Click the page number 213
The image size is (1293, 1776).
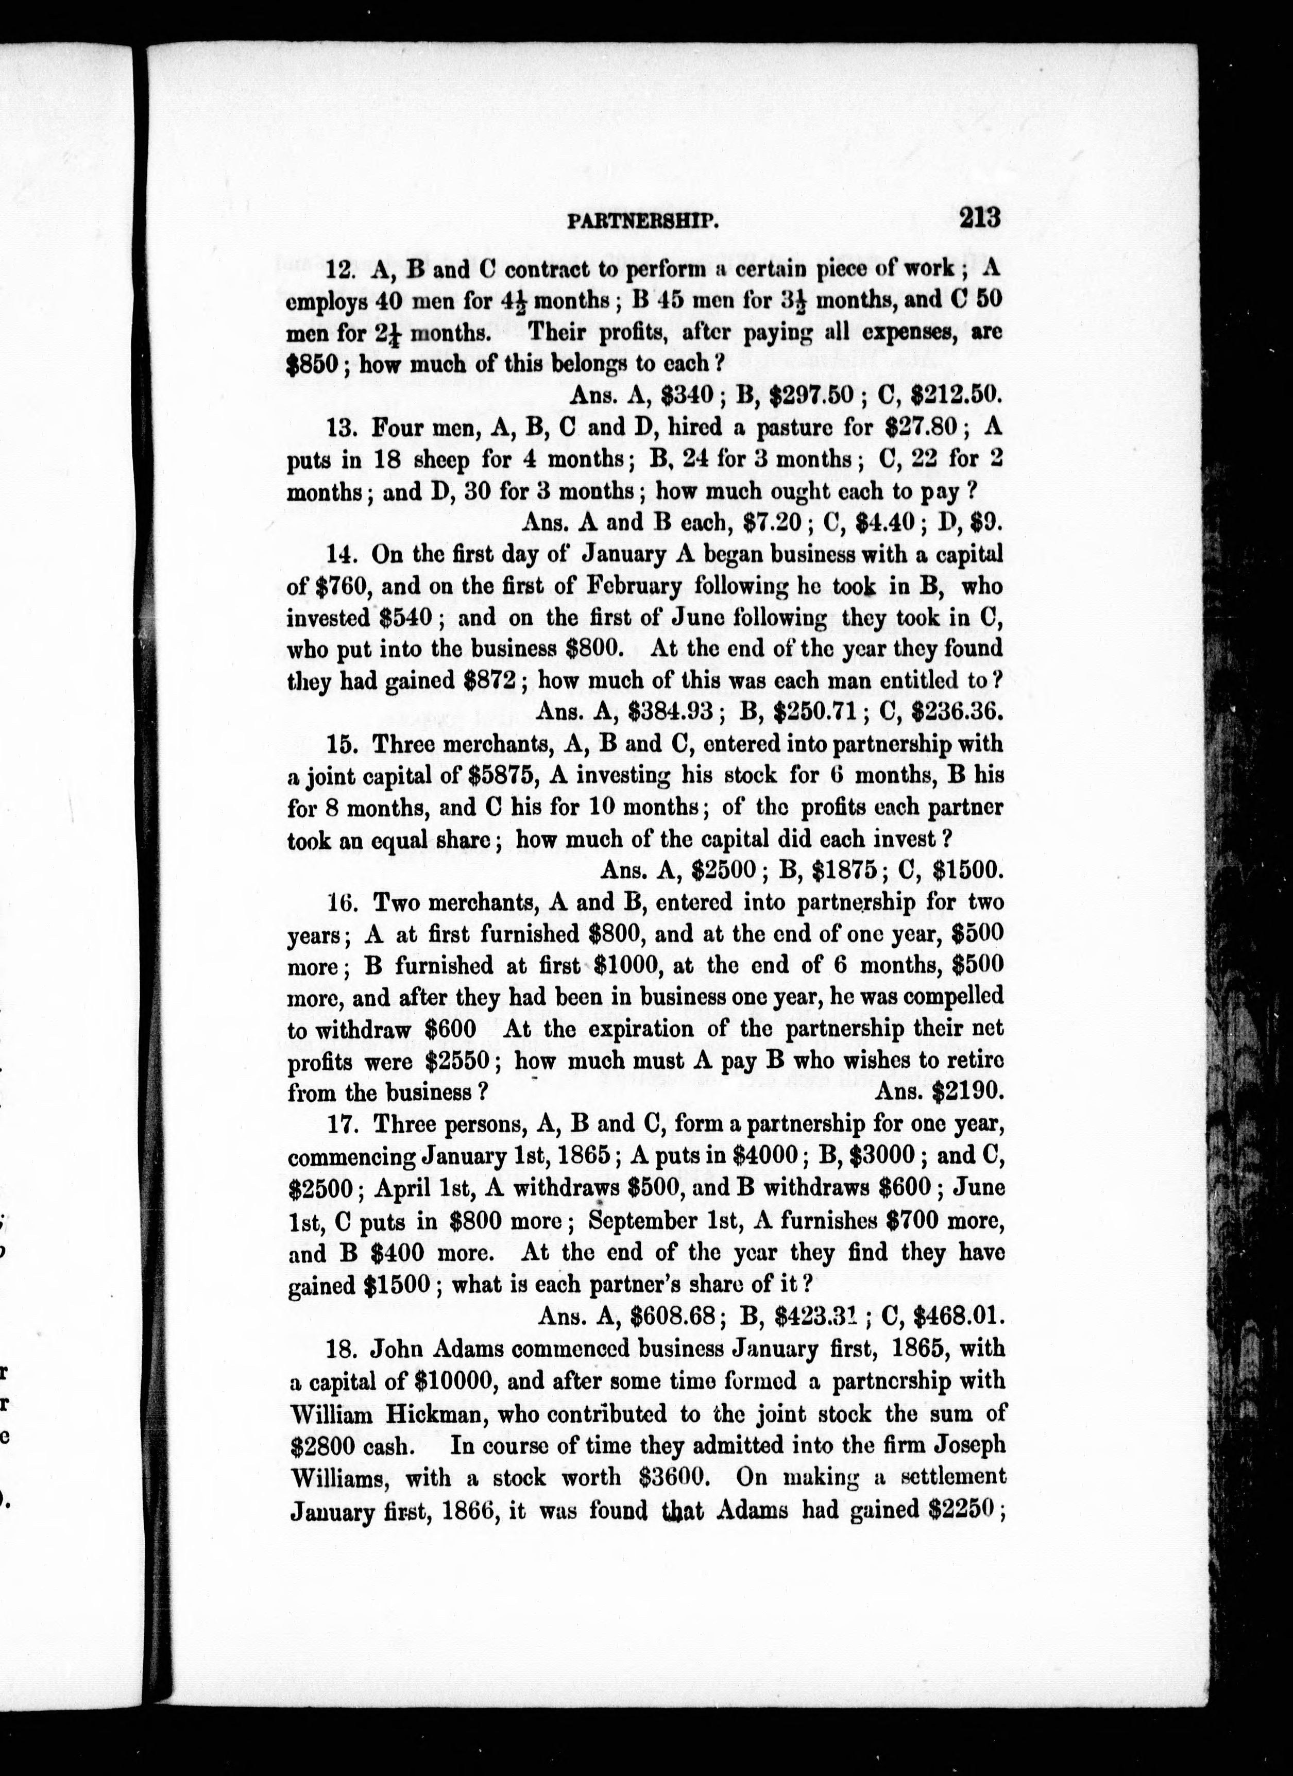coord(979,216)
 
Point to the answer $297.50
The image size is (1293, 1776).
coord(811,396)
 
